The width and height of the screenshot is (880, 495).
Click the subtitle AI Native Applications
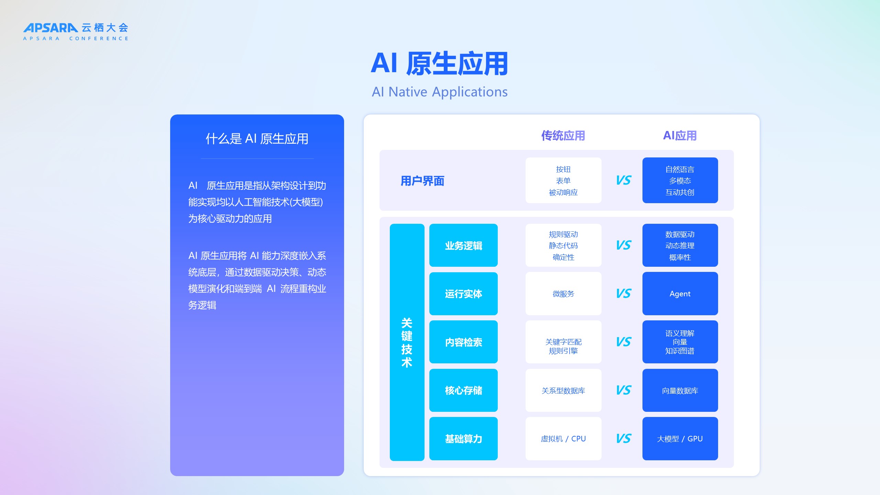point(440,92)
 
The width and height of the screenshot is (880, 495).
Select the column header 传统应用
point(563,136)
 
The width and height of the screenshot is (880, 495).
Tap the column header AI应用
point(680,136)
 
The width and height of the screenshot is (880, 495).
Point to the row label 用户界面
point(422,181)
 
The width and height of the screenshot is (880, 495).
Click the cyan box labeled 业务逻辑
point(463,245)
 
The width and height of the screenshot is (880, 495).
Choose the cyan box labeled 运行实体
point(463,294)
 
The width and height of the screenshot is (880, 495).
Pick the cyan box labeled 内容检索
point(463,342)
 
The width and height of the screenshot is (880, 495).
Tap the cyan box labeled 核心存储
point(463,390)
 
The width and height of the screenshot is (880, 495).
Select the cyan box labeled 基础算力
point(463,439)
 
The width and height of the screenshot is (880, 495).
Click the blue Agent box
point(680,294)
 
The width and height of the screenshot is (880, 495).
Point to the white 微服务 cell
point(563,294)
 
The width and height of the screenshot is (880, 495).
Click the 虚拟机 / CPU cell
point(563,439)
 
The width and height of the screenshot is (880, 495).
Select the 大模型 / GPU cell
point(680,439)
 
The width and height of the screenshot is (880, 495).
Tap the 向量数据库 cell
point(680,390)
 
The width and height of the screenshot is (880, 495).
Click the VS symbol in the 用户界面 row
point(624,180)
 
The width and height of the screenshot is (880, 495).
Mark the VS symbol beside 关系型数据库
point(624,390)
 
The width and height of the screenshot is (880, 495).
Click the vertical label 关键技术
point(407,342)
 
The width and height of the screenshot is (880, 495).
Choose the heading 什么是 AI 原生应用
point(257,139)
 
